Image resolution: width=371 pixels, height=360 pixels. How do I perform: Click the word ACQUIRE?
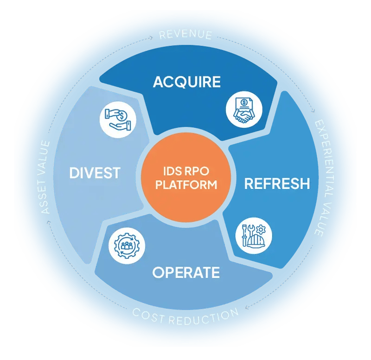[186, 82]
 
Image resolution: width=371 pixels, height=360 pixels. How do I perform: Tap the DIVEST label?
[95, 173]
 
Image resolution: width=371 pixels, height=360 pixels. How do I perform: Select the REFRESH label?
[277, 183]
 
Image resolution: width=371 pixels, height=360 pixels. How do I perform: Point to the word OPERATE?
[186, 272]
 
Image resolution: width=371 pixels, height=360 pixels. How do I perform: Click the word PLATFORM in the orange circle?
[186, 185]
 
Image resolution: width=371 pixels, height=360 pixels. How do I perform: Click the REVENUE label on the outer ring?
[185, 35]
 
